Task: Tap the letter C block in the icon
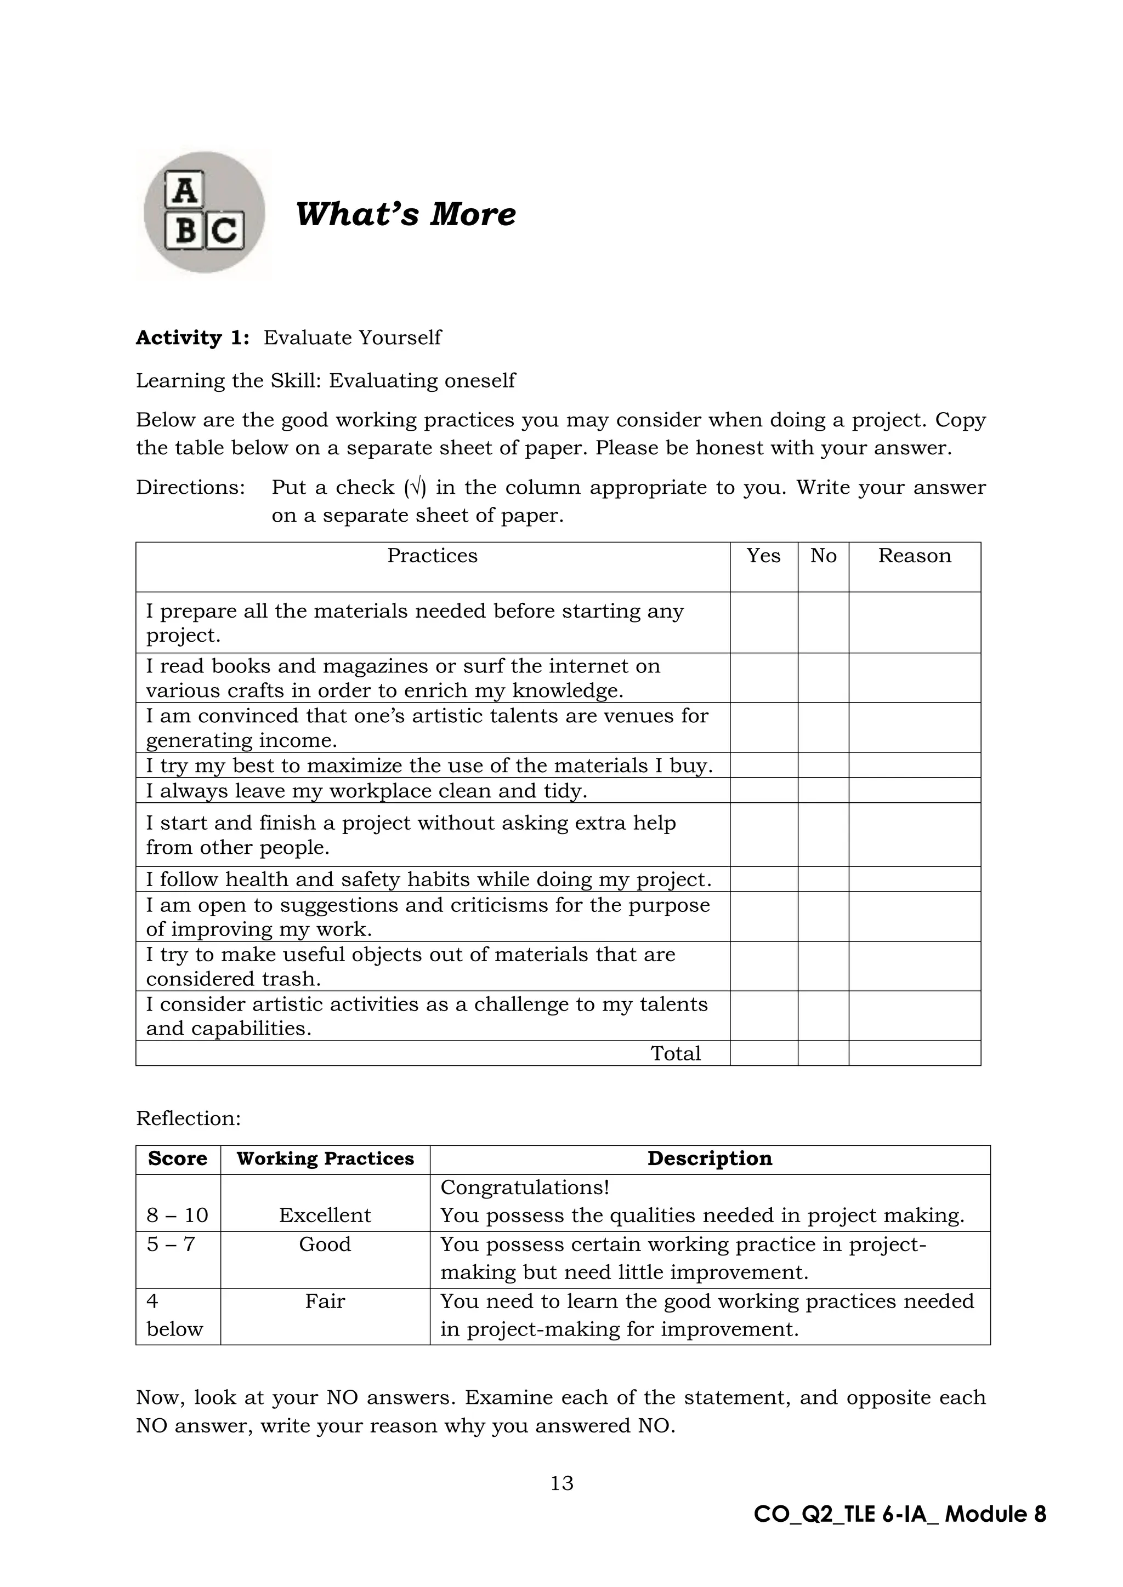point(225,232)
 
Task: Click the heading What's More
point(405,214)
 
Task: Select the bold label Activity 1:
point(192,338)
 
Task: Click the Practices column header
point(432,556)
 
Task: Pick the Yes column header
point(763,556)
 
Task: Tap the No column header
point(823,556)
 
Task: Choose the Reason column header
point(914,556)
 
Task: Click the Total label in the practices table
point(676,1053)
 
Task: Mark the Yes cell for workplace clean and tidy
point(763,790)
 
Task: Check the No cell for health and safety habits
point(823,879)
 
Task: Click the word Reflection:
point(188,1118)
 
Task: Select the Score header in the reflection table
point(178,1158)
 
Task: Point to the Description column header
point(710,1158)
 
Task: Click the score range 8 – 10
point(178,1215)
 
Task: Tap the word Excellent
point(325,1215)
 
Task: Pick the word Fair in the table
point(325,1301)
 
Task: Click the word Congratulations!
point(525,1188)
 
